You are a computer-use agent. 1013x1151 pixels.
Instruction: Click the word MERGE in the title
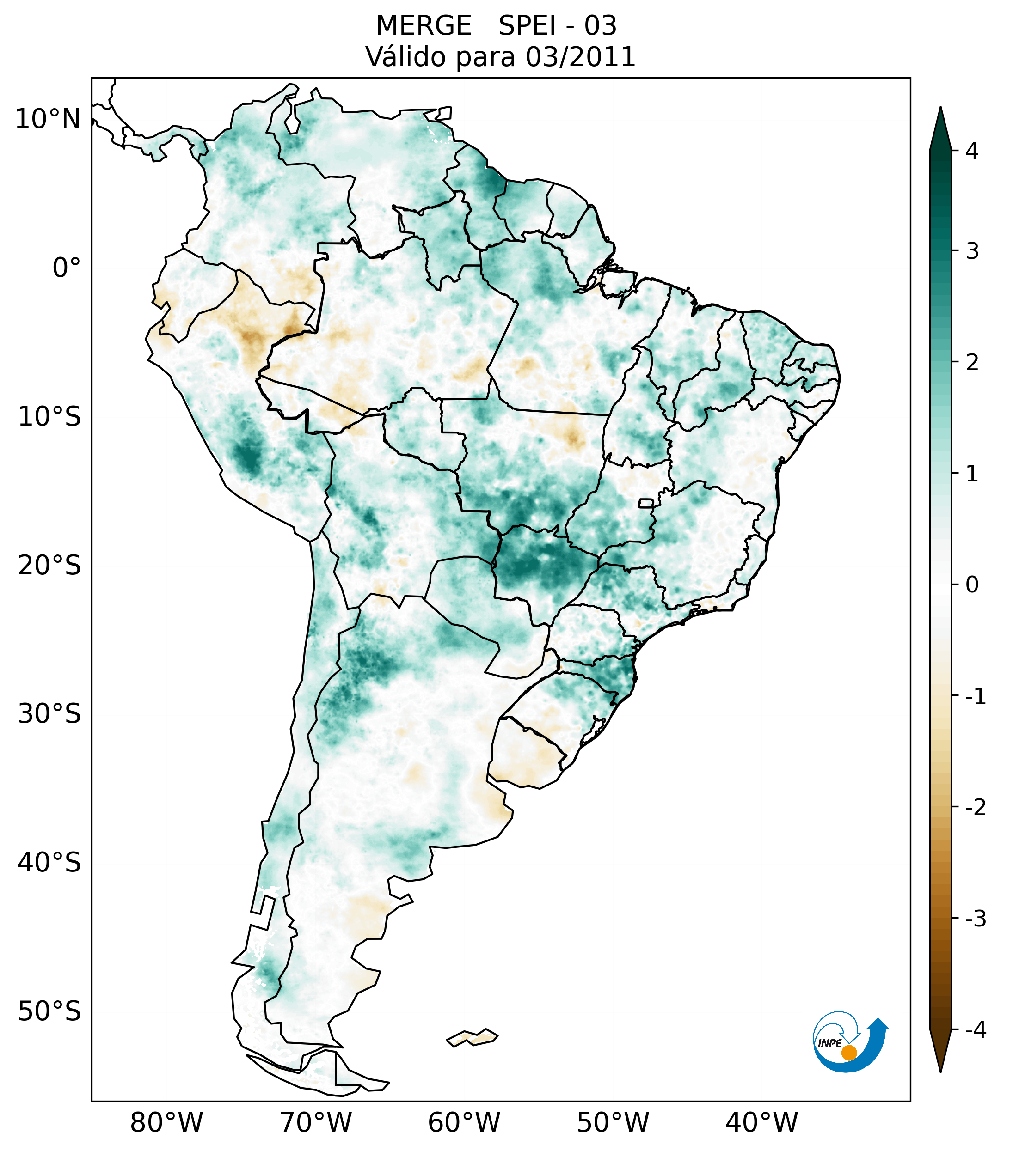point(423,26)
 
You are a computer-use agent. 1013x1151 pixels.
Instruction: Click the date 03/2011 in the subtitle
point(580,57)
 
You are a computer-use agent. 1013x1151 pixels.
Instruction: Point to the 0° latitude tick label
point(67,268)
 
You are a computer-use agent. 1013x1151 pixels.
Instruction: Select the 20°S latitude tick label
point(49,566)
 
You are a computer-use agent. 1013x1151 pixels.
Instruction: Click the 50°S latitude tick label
point(49,1011)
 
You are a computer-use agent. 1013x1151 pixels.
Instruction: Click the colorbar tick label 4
point(972,151)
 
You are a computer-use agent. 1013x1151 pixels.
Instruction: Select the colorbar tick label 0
point(972,585)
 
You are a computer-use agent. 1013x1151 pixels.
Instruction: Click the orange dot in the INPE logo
point(848,1053)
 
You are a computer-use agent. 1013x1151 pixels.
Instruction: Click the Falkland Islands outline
point(472,1037)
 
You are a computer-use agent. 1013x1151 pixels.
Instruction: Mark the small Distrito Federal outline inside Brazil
point(645,503)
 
